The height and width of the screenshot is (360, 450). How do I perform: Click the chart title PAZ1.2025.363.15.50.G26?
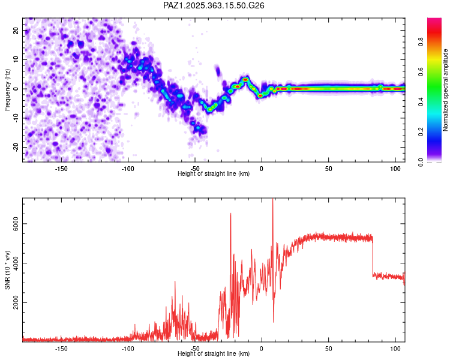coord(214,5)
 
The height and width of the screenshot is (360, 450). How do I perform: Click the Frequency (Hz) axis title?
coord(7,89)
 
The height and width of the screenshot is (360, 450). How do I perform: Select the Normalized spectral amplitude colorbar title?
coord(446,90)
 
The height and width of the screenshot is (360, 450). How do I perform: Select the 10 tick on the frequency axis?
coord(17,59)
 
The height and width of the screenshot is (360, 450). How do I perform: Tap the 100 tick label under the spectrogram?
coord(395,169)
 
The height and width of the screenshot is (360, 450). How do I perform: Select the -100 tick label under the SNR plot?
coord(128,349)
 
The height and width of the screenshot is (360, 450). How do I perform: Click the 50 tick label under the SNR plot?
coord(328,349)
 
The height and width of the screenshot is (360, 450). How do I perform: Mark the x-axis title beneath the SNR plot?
coord(214,354)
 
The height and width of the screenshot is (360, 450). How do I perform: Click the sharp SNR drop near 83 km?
coord(373,257)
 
